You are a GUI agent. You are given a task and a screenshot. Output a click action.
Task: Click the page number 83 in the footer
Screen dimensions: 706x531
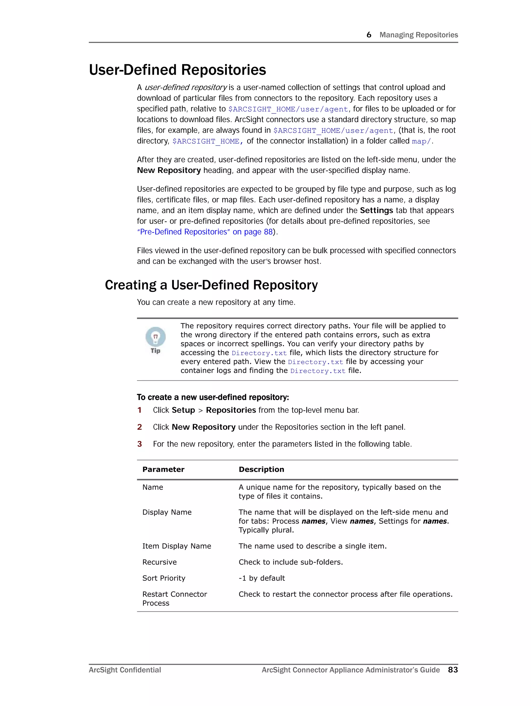click(x=453, y=670)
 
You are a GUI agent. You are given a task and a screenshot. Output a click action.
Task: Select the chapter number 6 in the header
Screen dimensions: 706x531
click(x=369, y=35)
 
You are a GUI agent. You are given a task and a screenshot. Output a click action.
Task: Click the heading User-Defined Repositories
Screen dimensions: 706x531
click(x=177, y=70)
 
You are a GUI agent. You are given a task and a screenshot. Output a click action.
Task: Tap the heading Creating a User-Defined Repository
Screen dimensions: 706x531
click(x=211, y=285)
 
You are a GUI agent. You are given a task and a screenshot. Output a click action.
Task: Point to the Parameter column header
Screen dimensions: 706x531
click(x=163, y=469)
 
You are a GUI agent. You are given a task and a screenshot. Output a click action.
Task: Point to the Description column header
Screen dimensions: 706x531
click(x=261, y=469)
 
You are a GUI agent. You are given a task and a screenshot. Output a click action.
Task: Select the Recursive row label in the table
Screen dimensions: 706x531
click(x=159, y=562)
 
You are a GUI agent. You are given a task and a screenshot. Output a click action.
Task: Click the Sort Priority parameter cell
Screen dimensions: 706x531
click(x=164, y=578)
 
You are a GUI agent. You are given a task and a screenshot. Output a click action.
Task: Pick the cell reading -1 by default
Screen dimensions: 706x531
click(x=262, y=578)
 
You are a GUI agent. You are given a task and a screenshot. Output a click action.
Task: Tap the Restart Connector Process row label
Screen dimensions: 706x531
click(x=174, y=598)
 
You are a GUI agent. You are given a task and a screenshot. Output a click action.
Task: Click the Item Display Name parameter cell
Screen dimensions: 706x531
click(x=177, y=546)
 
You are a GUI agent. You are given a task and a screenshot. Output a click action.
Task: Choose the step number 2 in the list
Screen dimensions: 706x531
click(x=139, y=427)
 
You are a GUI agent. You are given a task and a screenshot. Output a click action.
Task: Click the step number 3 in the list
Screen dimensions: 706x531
click(x=139, y=444)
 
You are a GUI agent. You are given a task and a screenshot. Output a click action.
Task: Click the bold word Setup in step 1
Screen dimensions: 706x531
click(x=183, y=410)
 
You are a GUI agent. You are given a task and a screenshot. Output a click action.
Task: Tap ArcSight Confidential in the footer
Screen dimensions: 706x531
click(x=125, y=670)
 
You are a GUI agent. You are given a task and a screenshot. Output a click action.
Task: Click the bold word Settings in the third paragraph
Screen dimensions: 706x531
click(x=376, y=210)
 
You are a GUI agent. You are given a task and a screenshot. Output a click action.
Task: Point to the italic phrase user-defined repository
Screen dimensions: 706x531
click(x=186, y=88)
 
